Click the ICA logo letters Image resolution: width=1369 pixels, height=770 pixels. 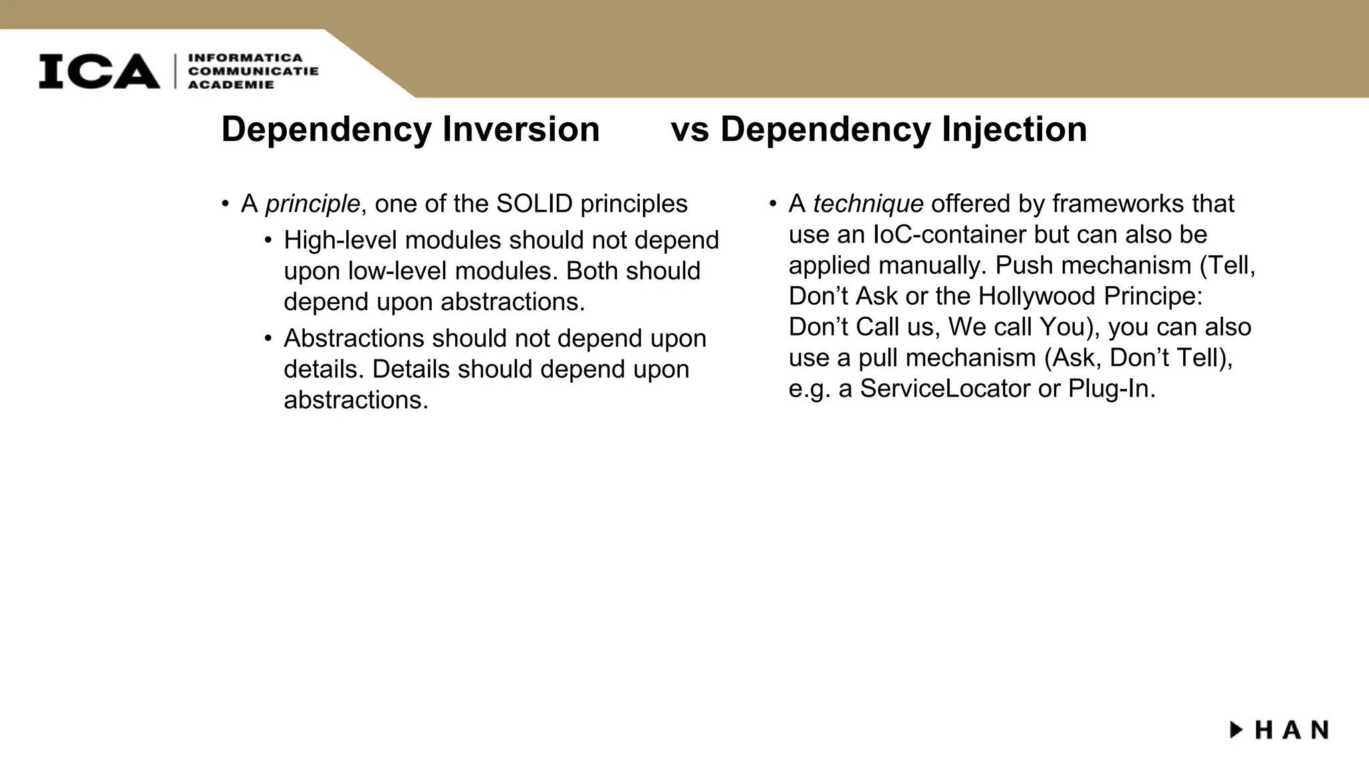coord(99,71)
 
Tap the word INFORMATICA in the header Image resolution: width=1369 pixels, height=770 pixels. coord(245,58)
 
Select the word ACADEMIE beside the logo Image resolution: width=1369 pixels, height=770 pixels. coord(231,85)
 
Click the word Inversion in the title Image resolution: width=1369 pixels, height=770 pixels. coord(521,129)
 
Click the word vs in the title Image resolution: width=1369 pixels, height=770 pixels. coord(690,130)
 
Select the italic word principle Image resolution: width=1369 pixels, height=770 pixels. coord(312,204)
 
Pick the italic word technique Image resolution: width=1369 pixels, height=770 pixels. coord(868,203)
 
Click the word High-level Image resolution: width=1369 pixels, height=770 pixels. coord(340,240)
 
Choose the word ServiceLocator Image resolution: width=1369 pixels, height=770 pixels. coord(945,388)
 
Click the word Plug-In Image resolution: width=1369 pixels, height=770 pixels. coord(1112,388)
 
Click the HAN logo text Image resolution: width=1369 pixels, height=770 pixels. coord(1291,730)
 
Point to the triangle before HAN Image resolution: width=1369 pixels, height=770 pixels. coord(1237,729)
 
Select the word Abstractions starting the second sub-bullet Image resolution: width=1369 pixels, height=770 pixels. coord(354,338)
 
